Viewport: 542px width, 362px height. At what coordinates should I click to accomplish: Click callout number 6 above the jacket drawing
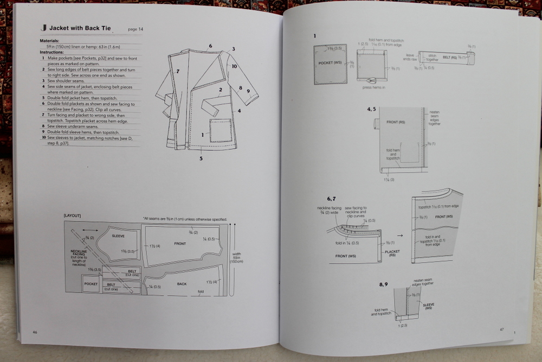210,46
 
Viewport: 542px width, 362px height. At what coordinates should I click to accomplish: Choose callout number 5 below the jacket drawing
201,158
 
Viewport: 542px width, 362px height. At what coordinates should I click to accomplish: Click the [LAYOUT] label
72,215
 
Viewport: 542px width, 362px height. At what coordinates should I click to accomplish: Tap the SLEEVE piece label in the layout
118,237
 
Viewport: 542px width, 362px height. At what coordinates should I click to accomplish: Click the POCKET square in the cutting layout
91,284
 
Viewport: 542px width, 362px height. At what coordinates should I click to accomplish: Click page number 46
35,332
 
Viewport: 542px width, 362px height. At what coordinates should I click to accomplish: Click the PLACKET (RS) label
392,253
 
